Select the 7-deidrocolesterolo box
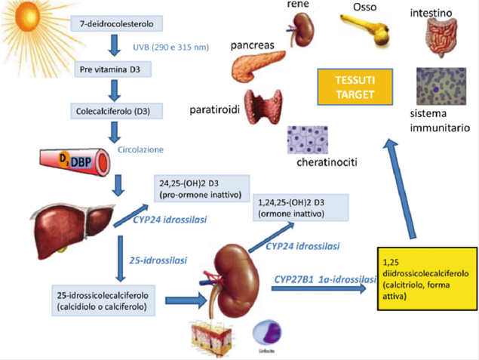(116, 24)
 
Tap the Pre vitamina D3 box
(112, 71)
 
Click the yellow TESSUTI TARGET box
(355, 86)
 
